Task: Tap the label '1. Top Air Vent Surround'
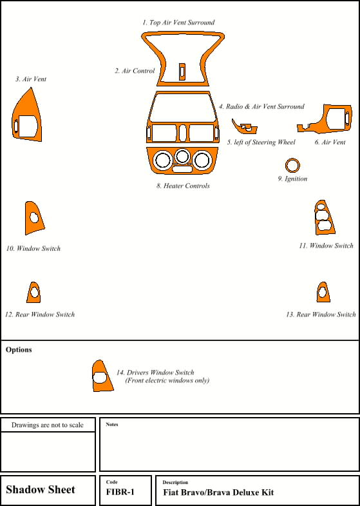click(178, 23)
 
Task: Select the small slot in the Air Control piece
click(182, 72)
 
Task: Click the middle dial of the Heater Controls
click(182, 156)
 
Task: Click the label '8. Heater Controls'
click(183, 186)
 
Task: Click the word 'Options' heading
click(19, 350)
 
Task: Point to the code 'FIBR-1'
click(120, 492)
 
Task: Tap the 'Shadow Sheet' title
click(41, 489)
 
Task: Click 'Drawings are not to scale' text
click(48, 425)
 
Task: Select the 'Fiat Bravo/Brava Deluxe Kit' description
click(218, 492)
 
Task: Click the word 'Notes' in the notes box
click(112, 424)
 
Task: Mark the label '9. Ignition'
click(292, 179)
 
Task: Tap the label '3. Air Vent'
click(31, 79)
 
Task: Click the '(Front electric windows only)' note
click(167, 380)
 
